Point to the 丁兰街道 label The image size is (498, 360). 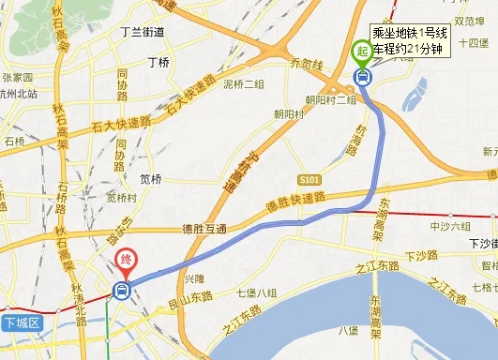[x=143, y=32]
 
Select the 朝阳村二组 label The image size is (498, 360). [x=331, y=99]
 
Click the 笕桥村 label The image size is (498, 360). [x=122, y=198]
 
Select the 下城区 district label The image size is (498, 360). [x=21, y=323]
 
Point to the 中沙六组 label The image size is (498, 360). [x=450, y=227]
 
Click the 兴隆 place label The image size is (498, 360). [x=193, y=278]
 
